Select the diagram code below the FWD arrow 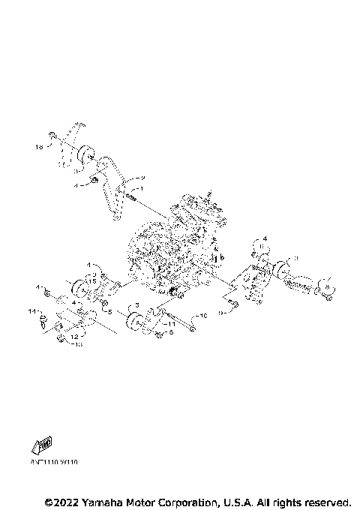point(55,462)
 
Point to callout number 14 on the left point(32,310)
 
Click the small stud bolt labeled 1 point(131,196)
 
